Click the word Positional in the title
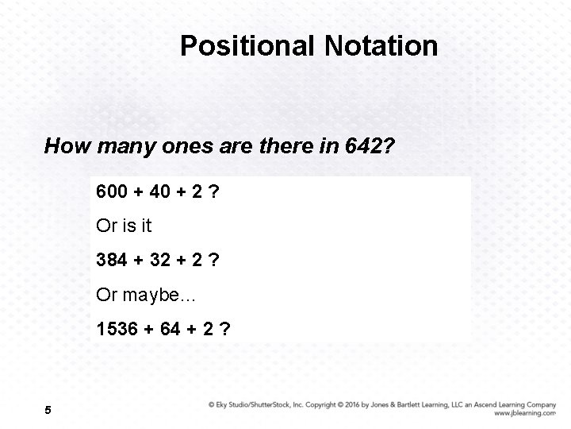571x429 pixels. pyautogui.click(x=247, y=45)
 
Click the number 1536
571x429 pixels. pyautogui.click(x=117, y=328)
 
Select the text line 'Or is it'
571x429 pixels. pyautogui.click(x=124, y=226)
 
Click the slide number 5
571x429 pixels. pyautogui.click(x=49, y=410)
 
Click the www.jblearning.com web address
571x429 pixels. pyautogui.click(x=524, y=413)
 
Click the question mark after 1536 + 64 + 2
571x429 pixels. pyautogui.click(x=227, y=328)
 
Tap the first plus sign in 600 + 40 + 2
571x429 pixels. pyautogui.click(x=138, y=191)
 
